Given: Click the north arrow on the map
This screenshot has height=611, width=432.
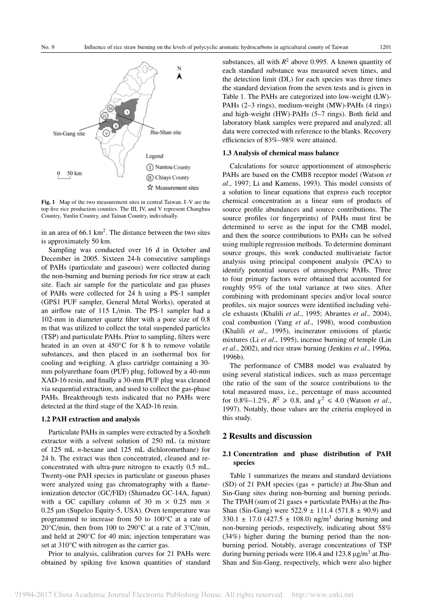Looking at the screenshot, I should [x=179, y=75].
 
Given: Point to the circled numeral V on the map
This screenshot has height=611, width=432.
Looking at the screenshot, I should [x=107, y=133].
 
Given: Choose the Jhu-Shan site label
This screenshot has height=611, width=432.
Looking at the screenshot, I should [x=165, y=132].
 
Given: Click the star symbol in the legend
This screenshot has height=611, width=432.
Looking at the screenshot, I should [x=149, y=188].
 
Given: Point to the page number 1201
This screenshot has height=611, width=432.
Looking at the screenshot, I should [x=385, y=47].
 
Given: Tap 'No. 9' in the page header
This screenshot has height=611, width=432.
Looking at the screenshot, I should [x=48, y=47].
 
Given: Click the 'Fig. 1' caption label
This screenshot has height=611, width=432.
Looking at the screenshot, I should [x=48, y=202].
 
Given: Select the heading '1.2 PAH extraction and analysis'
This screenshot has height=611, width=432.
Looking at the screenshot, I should [x=91, y=419].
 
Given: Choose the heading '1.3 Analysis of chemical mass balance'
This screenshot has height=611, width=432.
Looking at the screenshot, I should [x=280, y=153].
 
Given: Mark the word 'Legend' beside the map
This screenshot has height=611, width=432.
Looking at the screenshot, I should [x=155, y=156].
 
